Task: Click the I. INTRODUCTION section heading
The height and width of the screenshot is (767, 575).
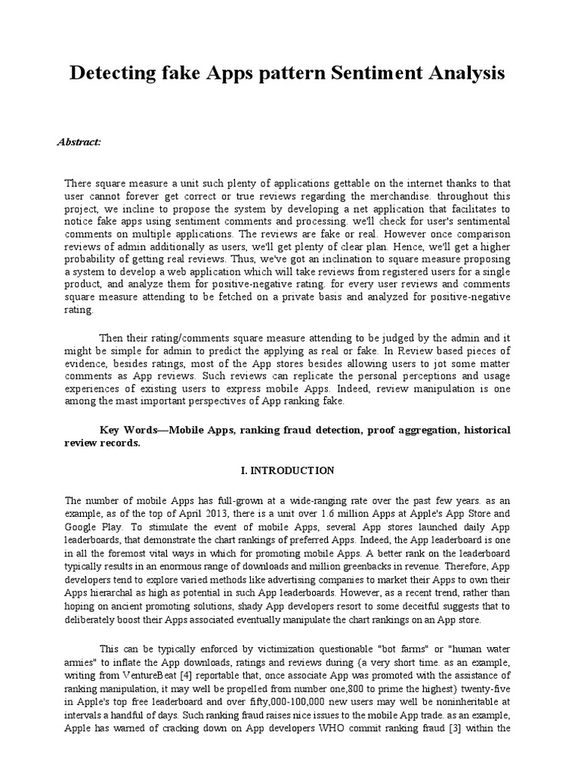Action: [287, 470]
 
